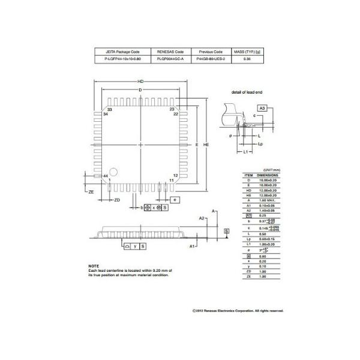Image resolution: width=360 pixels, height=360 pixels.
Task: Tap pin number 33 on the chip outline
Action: click(110, 109)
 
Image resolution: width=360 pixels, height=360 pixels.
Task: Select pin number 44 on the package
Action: click(106, 176)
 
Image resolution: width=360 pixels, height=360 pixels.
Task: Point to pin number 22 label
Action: click(176, 113)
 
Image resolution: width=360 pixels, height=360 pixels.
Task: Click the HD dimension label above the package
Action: click(140, 82)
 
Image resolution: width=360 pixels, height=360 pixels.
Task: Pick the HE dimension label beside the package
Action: click(205, 145)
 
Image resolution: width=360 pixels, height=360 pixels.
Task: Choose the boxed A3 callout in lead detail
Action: click(262, 106)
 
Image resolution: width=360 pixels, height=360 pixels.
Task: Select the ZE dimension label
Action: click(91, 191)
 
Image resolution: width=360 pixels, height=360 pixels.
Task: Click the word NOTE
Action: click(94, 266)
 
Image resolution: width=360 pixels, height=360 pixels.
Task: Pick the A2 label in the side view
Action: click(202, 218)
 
